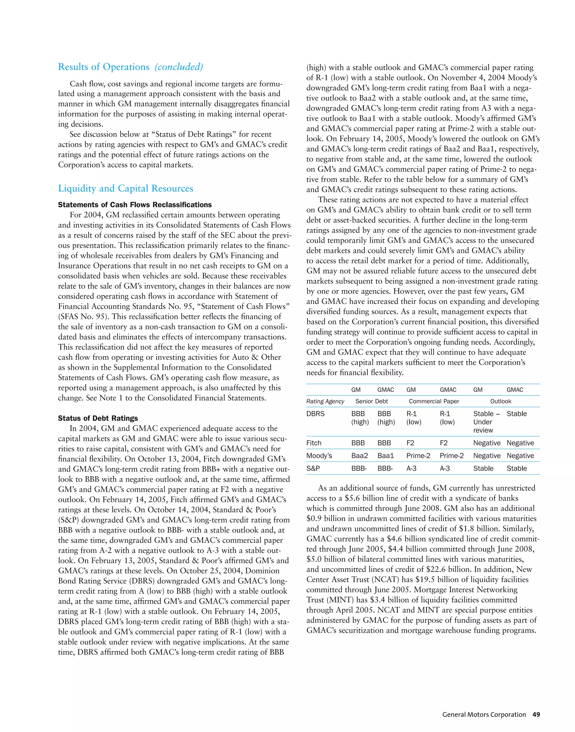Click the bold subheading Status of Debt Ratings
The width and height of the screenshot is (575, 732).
pyautogui.click(x=98, y=418)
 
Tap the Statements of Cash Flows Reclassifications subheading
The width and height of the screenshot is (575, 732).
pyautogui.click(x=135, y=205)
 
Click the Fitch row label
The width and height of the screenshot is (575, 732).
pyautogui.click(x=314, y=443)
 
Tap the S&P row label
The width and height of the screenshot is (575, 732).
pyautogui.click(x=313, y=468)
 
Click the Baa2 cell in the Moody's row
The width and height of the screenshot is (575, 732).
pyautogui.click(x=360, y=456)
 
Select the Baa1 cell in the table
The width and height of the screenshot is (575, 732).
pyautogui.click(x=385, y=456)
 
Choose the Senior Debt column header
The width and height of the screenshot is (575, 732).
pyautogui.click(x=371, y=401)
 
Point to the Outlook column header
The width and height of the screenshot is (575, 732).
pyautogui.click(x=501, y=401)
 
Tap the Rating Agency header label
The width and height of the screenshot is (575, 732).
pyautogui.click(x=325, y=401)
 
